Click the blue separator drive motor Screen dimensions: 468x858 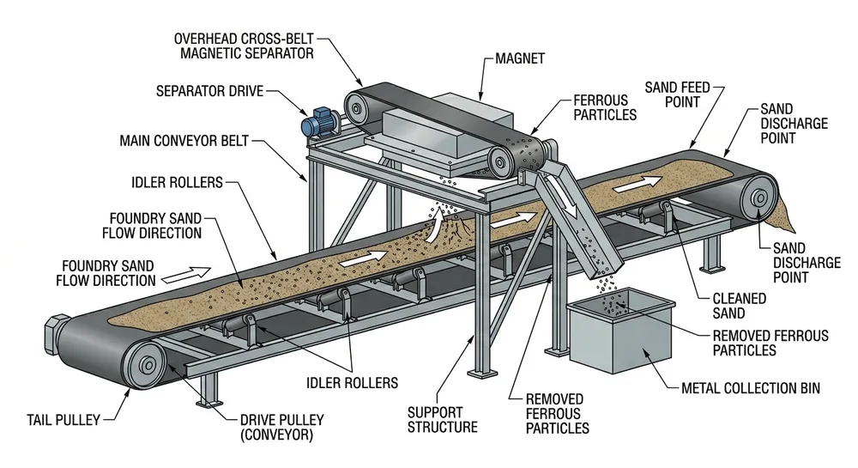318,124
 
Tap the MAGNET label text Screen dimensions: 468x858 520,60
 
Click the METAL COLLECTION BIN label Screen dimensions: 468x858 750,388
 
